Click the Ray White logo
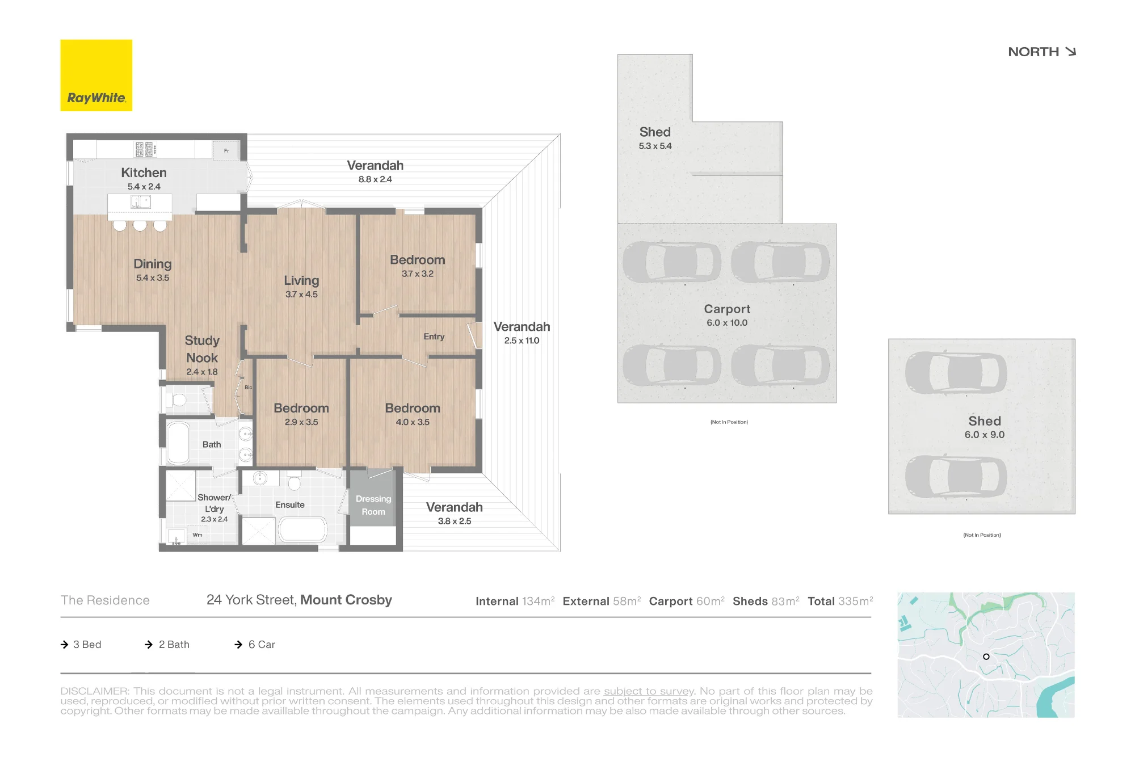pos(96,75)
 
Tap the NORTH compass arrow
pos(1071,52)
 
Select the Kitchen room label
pos(144,173)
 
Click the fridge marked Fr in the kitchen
pos(226,150)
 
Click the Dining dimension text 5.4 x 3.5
pos(153,278)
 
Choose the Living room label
pos(301,281)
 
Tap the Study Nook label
pos(202,349)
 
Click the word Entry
pos(434,337)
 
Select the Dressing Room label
pos(373,505)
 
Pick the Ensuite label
pos(290,505)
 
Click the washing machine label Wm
pos(197,535)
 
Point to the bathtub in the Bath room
pos(179,443)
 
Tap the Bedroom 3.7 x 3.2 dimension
pos(418,274)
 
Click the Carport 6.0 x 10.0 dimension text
pos(727,323)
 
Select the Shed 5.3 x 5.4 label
pos(655,138)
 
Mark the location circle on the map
pos(986,657)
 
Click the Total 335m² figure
pos(840,601)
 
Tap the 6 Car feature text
pos(262,645)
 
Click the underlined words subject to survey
pos(649,691)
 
